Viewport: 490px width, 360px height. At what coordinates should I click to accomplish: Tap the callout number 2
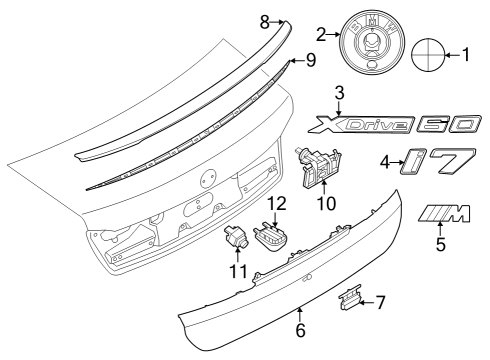pyautogui.click(x=321, y=34)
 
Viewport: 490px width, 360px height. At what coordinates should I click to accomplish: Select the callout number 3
pyautogui.click(x=339, y=93)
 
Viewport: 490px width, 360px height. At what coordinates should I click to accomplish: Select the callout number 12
pyautogui.click(x=276, y=203)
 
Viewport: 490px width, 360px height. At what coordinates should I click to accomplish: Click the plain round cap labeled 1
pyautogui.click(x=425, y=54)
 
